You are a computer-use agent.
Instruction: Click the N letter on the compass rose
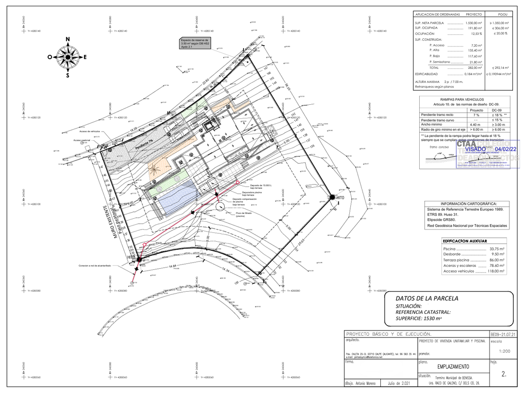tap(68, 39)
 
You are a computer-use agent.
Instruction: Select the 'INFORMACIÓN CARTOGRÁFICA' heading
tap(469, 204)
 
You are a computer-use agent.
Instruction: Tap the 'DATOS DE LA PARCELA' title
tap(426, 298)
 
